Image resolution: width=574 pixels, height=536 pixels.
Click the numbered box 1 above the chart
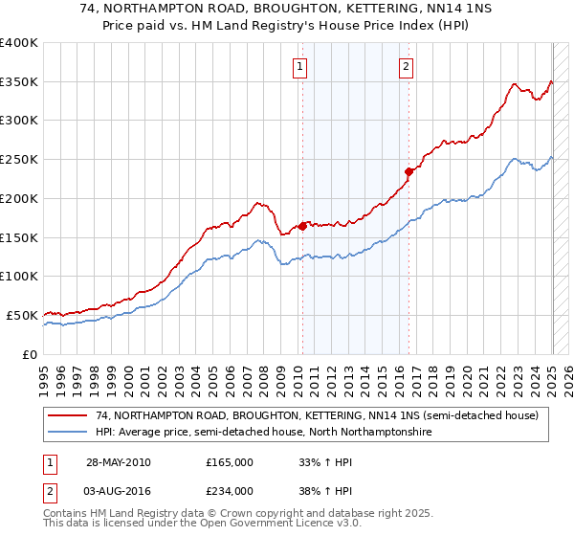coord(300,66)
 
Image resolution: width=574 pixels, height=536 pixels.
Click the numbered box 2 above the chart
coord(407,66)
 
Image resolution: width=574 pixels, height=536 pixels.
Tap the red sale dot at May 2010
coord(302,226)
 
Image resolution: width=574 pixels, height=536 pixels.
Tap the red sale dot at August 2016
coord(408,172)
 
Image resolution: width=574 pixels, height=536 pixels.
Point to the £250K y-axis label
coord(19,160)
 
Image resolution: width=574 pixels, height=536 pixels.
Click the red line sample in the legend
coord(68,416)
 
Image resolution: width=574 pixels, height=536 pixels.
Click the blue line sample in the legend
coord(68,433)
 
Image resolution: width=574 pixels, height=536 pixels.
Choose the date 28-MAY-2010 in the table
coord(118,462)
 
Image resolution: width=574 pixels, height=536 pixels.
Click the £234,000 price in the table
coord(229,491)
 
